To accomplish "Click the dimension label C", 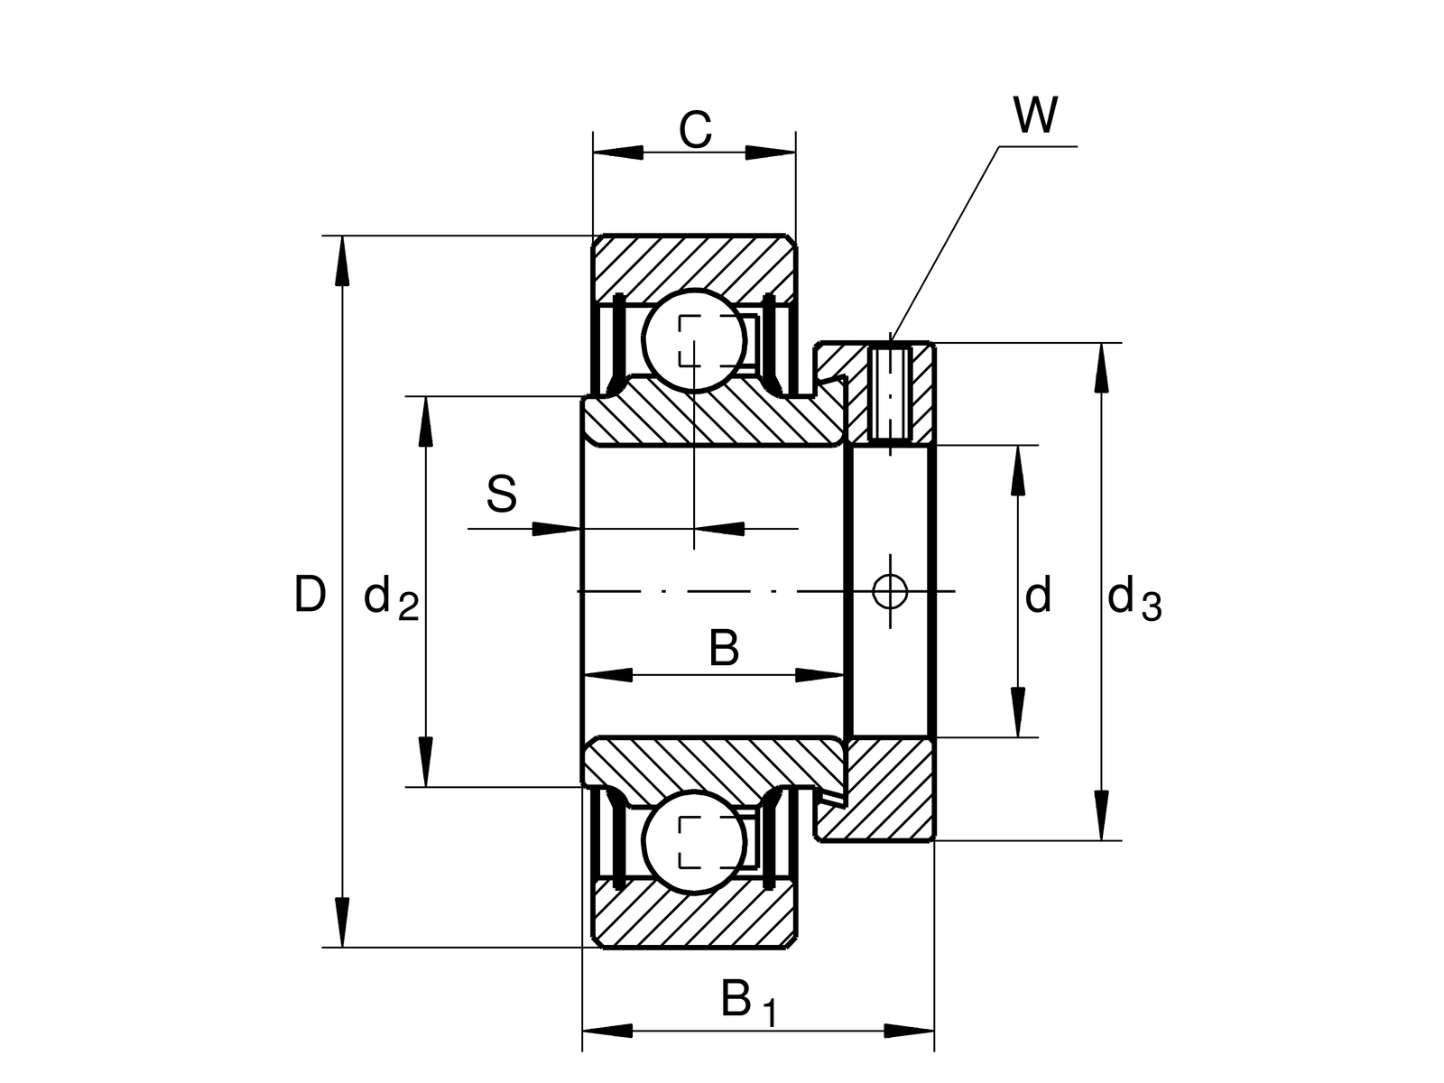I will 695,131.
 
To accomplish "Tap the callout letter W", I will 1034,116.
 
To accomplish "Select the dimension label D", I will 310,596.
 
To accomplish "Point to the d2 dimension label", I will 391,599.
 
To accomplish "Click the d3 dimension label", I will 1134,599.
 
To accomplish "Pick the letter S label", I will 502,495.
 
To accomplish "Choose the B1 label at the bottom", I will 748,1003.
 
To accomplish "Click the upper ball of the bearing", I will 693,340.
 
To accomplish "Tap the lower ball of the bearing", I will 695,841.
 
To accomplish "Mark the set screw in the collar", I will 890,393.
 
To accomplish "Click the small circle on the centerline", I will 890,591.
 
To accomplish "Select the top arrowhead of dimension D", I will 342,262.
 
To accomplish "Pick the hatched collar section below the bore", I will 889,787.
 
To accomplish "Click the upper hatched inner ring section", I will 713,417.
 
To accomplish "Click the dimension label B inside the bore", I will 724,648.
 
